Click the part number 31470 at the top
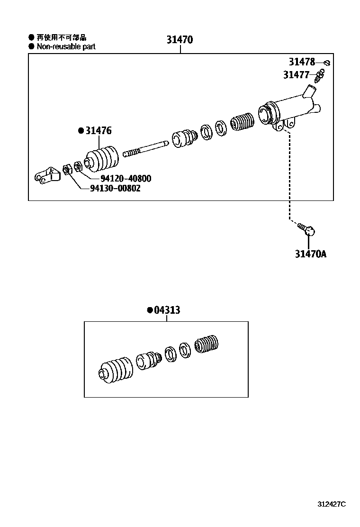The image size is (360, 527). coord(180,40)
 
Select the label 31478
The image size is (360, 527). coord(302,62)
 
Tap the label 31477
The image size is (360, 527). coord(296,74)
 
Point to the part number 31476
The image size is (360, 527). coord(99,130)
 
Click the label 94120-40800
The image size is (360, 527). coord(126,178)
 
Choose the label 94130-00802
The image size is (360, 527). coord(115,188)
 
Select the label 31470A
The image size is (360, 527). coord(310,254)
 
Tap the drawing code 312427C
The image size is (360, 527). coord(332,504)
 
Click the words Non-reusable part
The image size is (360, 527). coord(66,46)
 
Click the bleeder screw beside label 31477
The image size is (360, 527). coord(320,76)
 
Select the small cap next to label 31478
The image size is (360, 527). coord(327,63)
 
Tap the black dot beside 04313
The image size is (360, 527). coord(150,310)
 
